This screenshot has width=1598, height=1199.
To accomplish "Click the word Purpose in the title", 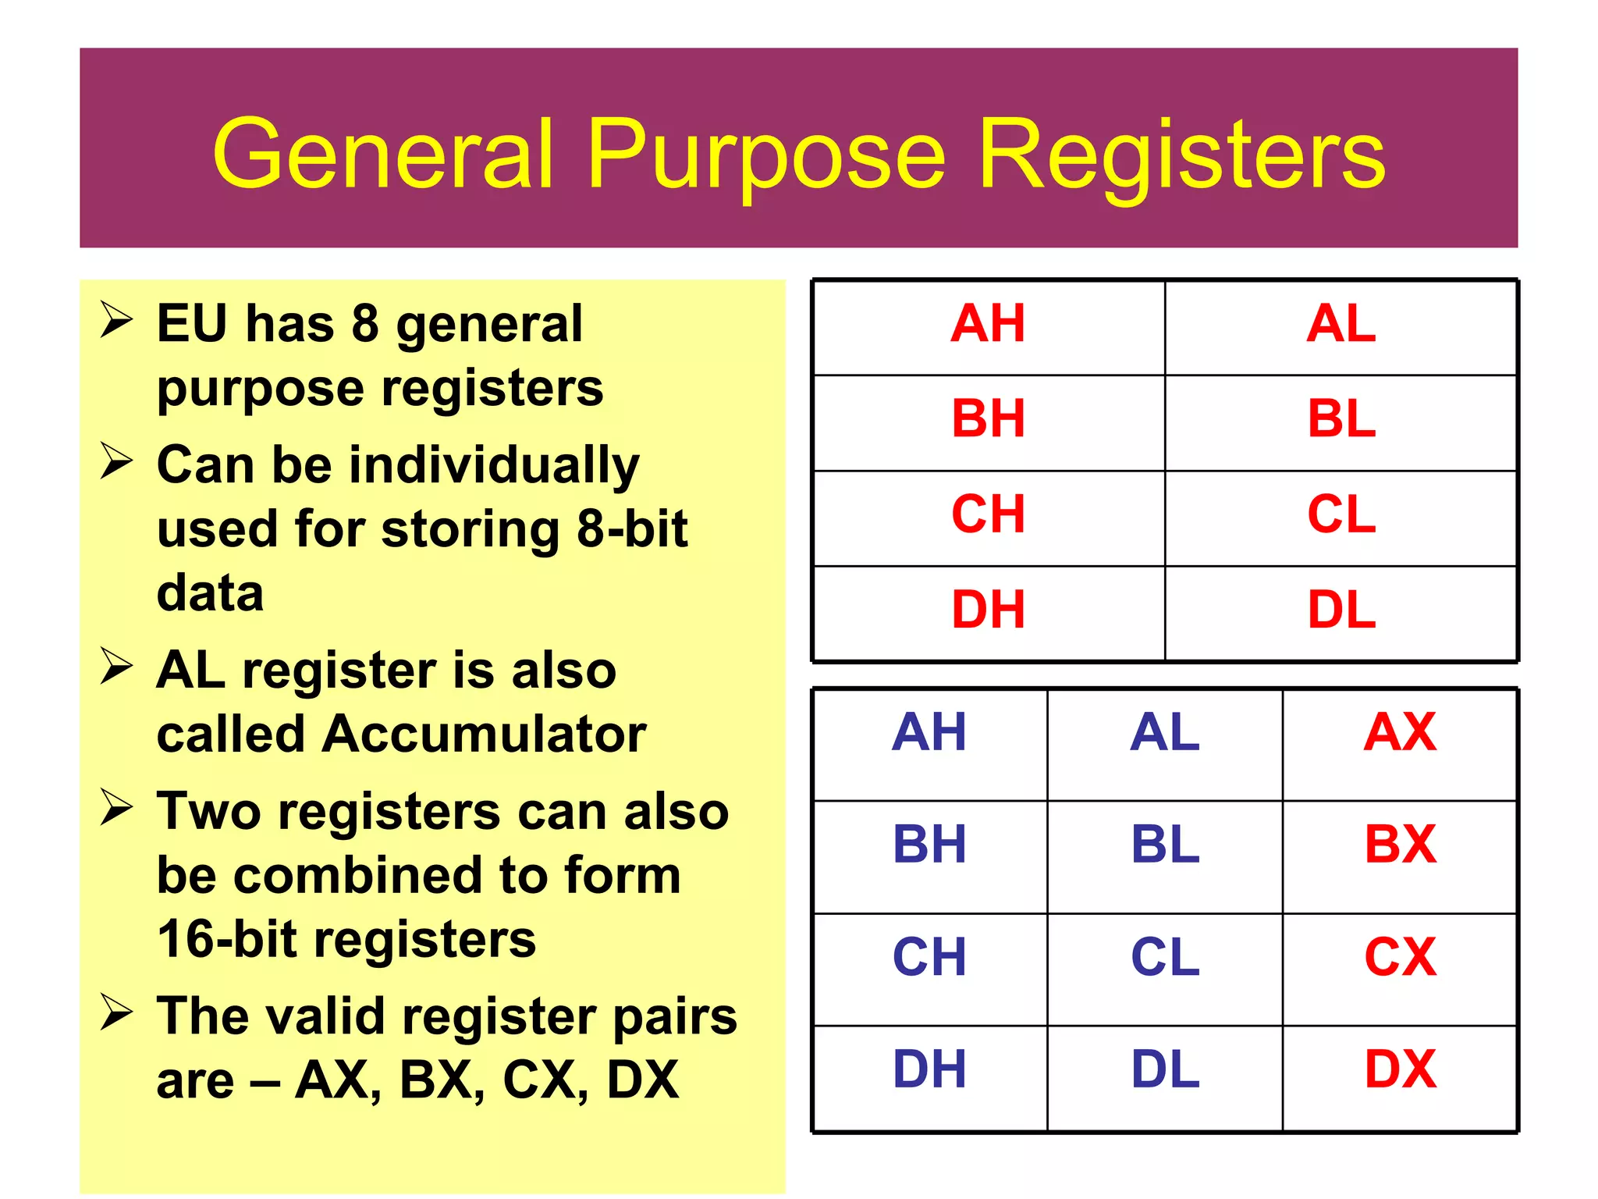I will pyautogui.click(x=766, y=156).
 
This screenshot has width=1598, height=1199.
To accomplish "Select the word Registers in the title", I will pyautogui.click(x=1181, y=156).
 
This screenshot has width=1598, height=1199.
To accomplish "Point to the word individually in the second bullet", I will pyautogui.click(x=494, y=466).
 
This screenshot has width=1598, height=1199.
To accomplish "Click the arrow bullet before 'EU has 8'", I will pyautogui.click(x=116, y=320).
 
